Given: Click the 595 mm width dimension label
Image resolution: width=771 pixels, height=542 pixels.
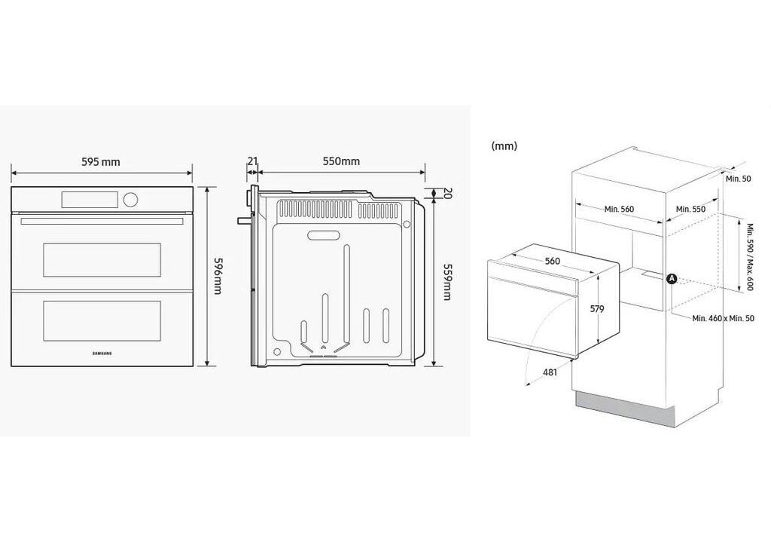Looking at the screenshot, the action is coord(101,162).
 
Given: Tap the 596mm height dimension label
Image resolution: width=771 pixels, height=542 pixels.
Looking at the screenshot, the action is coord(218,275).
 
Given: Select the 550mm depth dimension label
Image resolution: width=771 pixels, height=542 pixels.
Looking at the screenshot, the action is coord(341,161).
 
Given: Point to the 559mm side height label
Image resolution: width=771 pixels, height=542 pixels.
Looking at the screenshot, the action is coord(447,282).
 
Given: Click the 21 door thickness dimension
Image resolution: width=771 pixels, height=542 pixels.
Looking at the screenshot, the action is coord(252,161).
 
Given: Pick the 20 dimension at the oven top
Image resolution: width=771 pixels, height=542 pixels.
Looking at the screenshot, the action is coord(447,193).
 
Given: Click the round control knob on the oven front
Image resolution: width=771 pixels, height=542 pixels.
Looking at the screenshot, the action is coord(130,199).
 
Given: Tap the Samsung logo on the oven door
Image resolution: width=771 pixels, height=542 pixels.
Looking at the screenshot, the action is coord(102,353).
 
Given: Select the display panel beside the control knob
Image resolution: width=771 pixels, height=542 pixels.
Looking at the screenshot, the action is coord(90,199).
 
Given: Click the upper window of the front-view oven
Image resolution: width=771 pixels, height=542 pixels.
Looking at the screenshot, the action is coord(102,260).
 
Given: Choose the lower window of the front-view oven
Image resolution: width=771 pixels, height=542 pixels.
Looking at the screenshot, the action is coord(102,317).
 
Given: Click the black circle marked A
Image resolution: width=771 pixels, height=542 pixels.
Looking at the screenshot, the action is coord(672,279).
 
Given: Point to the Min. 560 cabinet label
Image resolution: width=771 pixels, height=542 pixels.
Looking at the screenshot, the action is coord(619,210).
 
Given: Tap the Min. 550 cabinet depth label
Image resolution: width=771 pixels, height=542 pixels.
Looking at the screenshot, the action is coord(690,210).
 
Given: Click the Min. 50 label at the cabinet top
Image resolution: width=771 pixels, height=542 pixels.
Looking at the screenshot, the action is coord(739,179).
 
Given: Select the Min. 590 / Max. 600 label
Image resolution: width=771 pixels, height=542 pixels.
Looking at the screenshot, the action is coord(750,257).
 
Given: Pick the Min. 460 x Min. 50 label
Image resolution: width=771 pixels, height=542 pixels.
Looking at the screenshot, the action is coord(723,319).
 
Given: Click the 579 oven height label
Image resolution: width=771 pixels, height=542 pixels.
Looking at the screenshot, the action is coord(597,309).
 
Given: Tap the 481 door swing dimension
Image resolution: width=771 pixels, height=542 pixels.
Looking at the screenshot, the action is coord(550,372).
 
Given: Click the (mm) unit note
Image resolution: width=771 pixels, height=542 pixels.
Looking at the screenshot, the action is coord(504,146).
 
